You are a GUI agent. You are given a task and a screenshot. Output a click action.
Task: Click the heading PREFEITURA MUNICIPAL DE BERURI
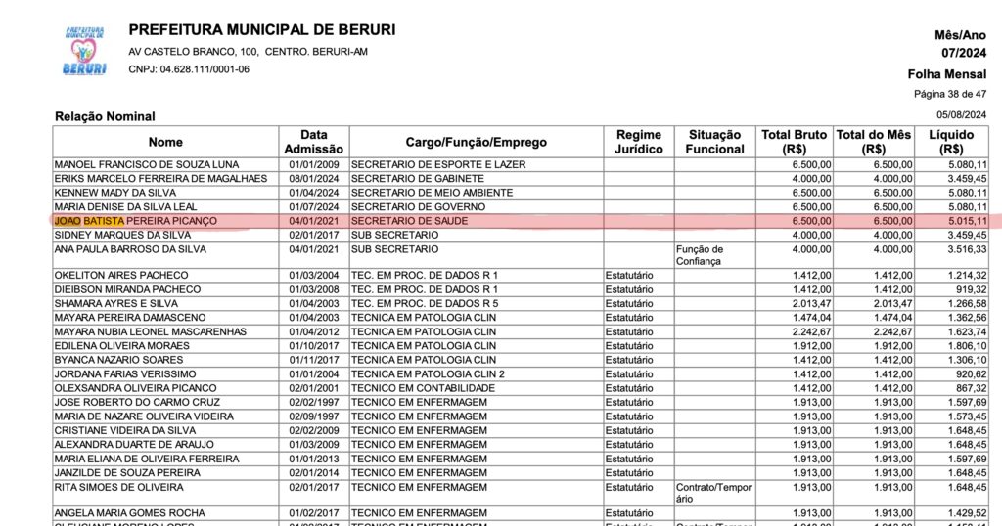(261, 30)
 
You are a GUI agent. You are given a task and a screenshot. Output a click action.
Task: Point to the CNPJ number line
(189, 69)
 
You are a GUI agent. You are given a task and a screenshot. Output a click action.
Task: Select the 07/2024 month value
(963, 53)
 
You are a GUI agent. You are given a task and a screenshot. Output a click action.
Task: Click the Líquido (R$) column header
(951, 142)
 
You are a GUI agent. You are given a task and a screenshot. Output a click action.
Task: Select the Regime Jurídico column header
(638, 142)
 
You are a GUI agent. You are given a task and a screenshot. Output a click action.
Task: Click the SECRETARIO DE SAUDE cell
(410, 222)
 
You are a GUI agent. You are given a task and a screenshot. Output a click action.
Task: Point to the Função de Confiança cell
(700, 255)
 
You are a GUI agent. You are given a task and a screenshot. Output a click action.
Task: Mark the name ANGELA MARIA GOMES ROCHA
(130, 513)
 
